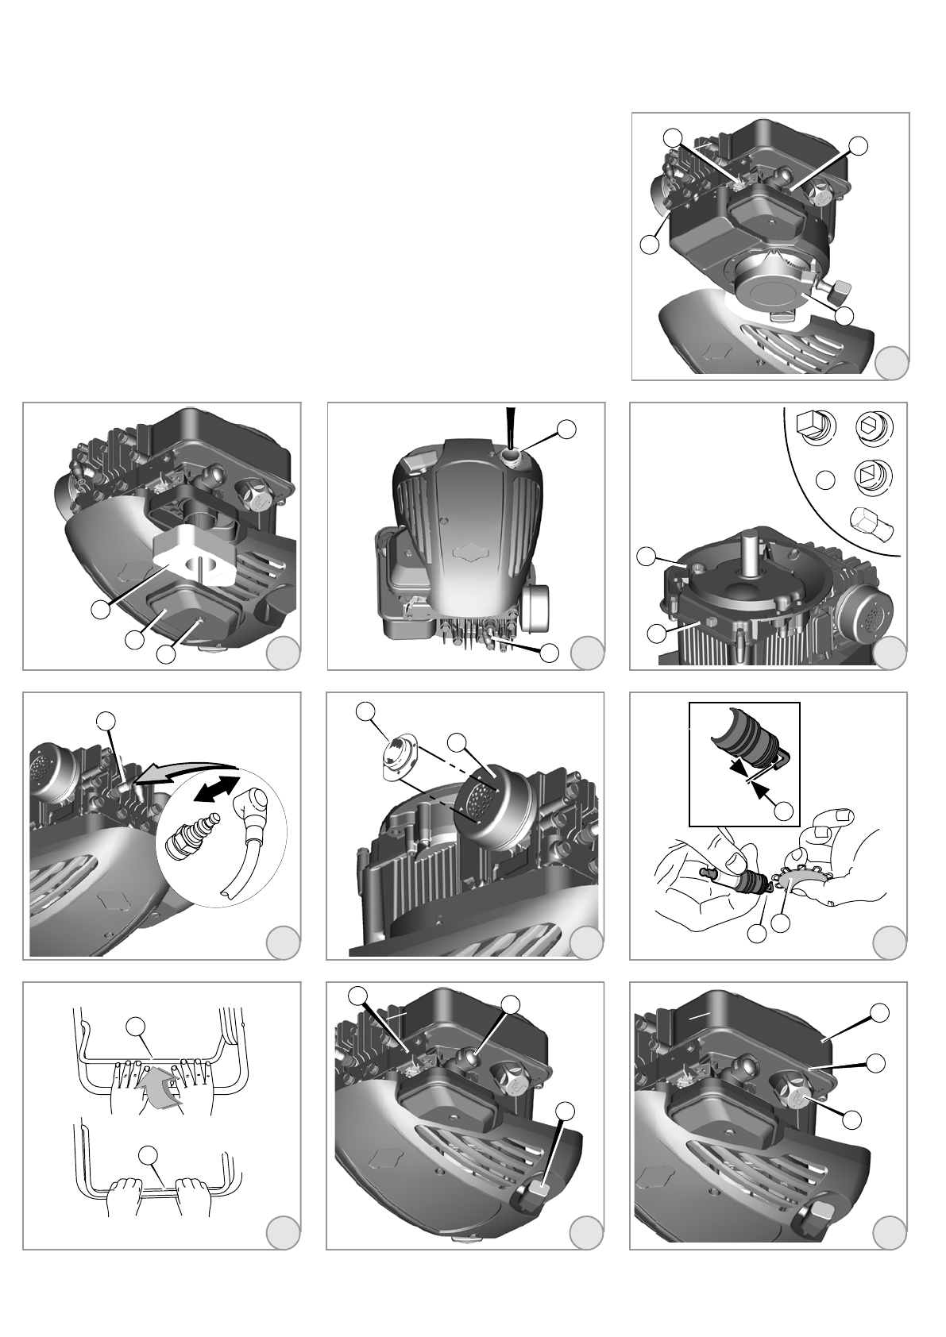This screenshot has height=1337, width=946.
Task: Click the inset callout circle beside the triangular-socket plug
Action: (x=825, y=480)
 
